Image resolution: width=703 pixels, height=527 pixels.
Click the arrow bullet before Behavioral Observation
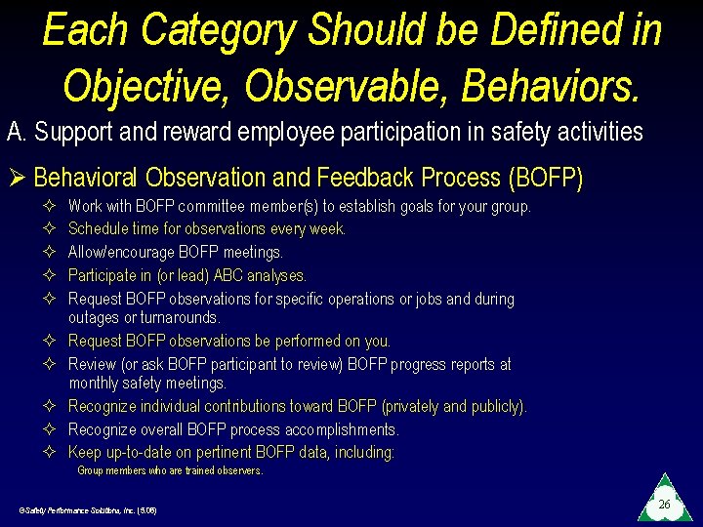click(16, 179)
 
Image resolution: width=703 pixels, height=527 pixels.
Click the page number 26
click(664, 505)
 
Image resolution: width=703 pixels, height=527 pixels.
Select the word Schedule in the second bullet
click(97, 228)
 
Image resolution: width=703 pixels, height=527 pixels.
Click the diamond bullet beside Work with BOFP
click(52, 206)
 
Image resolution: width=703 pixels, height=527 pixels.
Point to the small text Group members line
click(170, 470)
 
